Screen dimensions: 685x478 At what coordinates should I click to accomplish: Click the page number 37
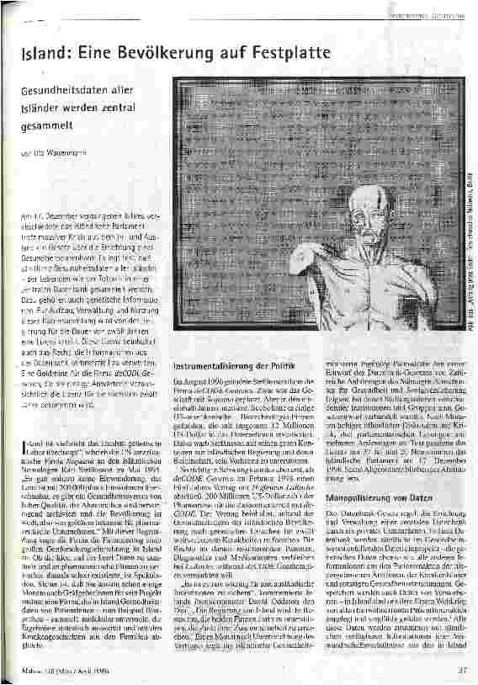tap(461, 670)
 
